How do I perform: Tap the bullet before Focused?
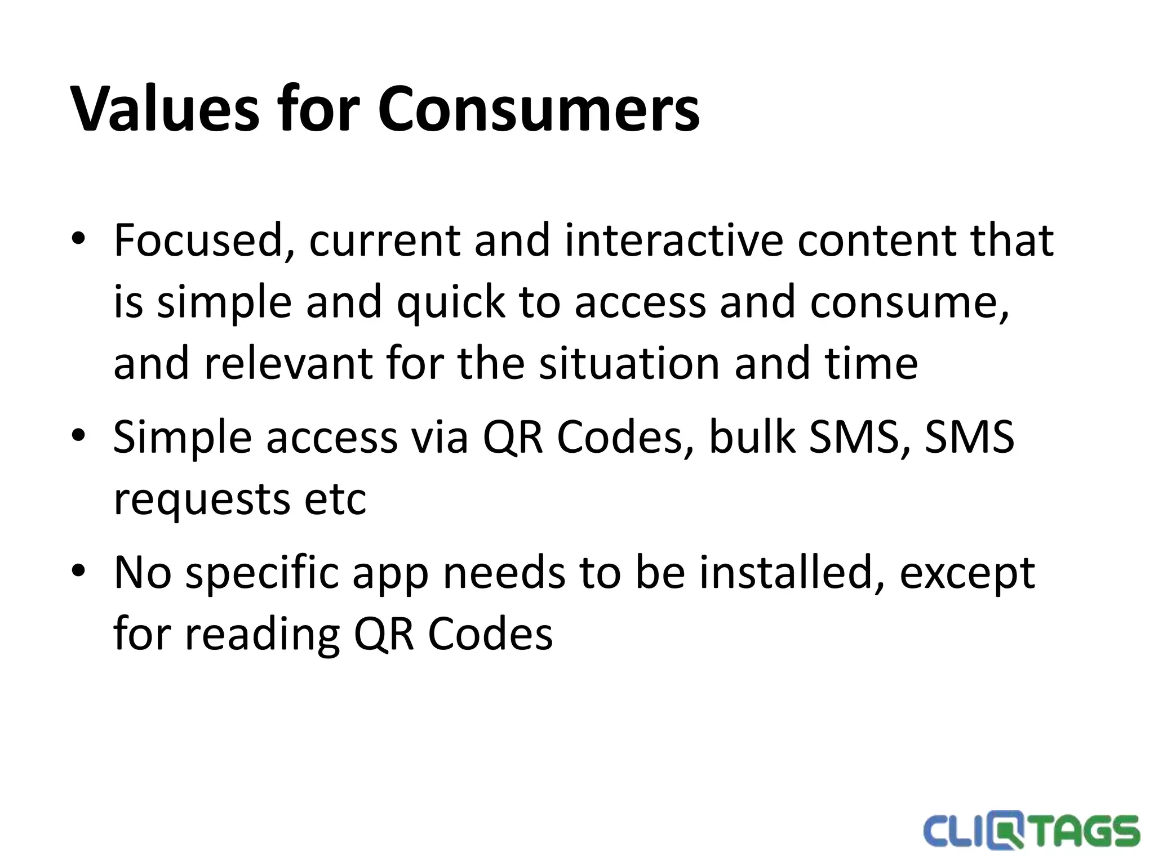(78, 239)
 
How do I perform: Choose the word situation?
(629, 363)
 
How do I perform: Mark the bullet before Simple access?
(78, 435)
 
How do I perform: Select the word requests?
(201, 500)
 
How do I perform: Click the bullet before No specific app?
(78, 570)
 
